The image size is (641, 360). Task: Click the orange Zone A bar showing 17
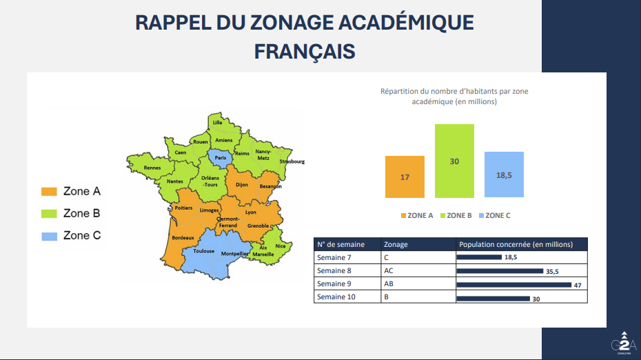[405, 177]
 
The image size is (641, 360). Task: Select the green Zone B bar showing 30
[454, 161]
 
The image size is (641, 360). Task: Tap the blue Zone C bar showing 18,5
[504, 175]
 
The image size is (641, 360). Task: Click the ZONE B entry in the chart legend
[456, 215]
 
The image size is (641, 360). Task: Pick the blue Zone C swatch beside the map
[49, 236]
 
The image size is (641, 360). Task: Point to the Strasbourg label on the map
[292, 161]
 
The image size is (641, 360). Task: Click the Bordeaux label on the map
[183, 238]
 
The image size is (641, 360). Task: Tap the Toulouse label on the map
[203, 251]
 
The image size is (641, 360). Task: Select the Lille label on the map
[218, 122]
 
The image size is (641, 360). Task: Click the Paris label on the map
[221, 158]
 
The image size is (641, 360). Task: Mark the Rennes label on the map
[152, 168]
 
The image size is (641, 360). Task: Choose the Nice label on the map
[279, 246]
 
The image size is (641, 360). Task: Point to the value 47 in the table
[578, 285]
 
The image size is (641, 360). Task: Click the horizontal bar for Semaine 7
[479, 257]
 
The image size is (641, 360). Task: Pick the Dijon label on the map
[242, 185]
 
